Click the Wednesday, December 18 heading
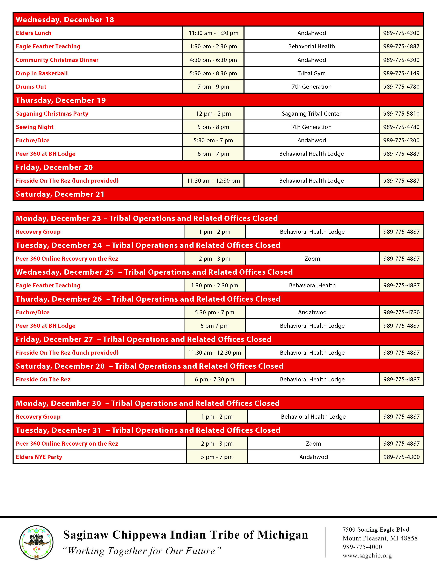point(65,20)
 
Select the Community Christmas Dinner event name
point(57,60)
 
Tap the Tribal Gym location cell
point(311,73)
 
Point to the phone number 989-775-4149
point(401,73)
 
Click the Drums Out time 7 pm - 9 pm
point(213,87)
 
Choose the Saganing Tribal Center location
point(311,114)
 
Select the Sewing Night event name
point(35,127)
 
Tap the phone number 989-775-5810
point(401,114)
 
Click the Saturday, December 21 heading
point(60,194)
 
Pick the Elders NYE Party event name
point(39,457)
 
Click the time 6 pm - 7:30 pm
point(214,379)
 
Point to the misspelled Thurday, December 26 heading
point(59,299)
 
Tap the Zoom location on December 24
point(312,259)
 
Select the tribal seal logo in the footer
point(36,542)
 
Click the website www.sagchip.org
point(367,555)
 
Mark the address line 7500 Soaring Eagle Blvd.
point(376,530)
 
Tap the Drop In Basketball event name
point(42,73)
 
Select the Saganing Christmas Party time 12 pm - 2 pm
point(213,114)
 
